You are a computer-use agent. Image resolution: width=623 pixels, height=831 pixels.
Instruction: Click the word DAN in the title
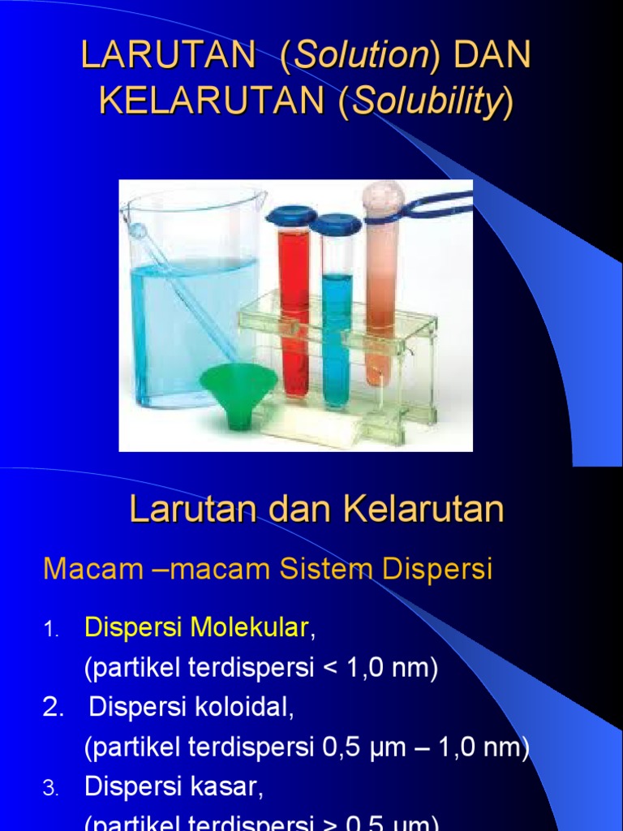tap(493, 56)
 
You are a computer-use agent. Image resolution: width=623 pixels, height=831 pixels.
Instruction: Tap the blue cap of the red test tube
tap(290, 216)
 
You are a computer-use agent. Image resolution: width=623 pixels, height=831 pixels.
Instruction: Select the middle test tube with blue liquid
tap(335, 325)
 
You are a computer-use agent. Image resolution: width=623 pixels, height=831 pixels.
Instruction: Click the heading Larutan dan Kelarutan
tap(316, 510)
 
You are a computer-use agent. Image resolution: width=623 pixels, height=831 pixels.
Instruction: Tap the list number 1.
tap(50, 629)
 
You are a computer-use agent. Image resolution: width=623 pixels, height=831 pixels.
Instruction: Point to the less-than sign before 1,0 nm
tap(329, 668)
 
